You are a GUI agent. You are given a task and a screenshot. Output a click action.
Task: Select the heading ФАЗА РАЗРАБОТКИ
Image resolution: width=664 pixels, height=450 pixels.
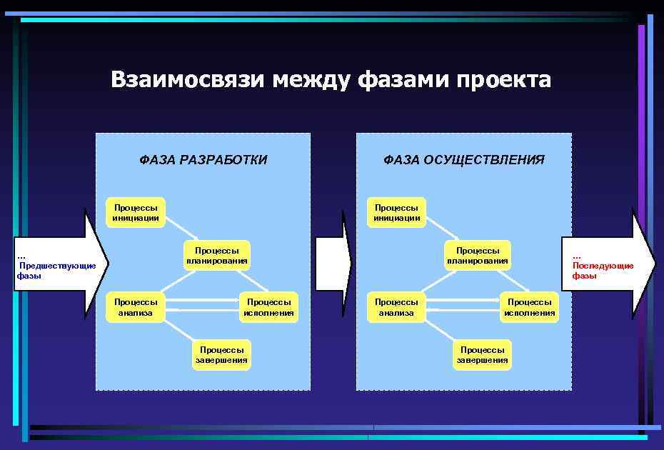point(203,160)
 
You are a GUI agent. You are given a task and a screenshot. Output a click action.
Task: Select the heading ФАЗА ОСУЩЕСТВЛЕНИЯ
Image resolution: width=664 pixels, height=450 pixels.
point(464,160)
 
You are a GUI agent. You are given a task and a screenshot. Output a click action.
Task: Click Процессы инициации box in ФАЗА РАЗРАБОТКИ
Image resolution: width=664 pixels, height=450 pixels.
point(136,213)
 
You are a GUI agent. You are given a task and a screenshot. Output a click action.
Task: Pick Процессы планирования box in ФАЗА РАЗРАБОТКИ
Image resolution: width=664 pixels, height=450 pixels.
point(217,256)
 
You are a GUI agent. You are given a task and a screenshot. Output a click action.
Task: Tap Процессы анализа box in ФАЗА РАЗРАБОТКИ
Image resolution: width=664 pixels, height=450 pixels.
point(136,307)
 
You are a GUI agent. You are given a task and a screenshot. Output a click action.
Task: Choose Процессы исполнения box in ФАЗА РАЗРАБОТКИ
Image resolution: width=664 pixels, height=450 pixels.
point(268,307)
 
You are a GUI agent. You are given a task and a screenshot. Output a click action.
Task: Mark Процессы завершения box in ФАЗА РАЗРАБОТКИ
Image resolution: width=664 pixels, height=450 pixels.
point(222,355)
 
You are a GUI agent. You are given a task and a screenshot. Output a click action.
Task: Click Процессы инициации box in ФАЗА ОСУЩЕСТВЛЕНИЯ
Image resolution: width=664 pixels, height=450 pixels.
point(396,213)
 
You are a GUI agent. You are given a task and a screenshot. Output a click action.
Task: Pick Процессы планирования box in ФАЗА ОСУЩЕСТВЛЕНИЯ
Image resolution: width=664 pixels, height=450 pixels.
point(478,256)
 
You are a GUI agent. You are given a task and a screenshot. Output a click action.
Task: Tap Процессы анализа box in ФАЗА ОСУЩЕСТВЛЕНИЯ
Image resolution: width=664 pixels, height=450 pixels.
point(396,307)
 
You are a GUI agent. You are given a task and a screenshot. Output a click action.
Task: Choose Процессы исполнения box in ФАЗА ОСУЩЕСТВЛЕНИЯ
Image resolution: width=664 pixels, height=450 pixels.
point(529,307)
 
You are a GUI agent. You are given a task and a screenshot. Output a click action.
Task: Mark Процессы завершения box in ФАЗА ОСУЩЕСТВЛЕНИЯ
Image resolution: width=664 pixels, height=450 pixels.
point(483,355)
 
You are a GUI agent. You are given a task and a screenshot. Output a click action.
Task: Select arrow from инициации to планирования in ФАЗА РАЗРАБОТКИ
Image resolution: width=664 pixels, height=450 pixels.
point(181,231)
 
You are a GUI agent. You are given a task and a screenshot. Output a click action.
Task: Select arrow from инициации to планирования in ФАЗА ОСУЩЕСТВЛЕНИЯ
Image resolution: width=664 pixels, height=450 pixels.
point(442,231)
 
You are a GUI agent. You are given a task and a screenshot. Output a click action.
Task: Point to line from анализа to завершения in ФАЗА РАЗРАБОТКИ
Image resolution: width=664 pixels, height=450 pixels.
point(179,329)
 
